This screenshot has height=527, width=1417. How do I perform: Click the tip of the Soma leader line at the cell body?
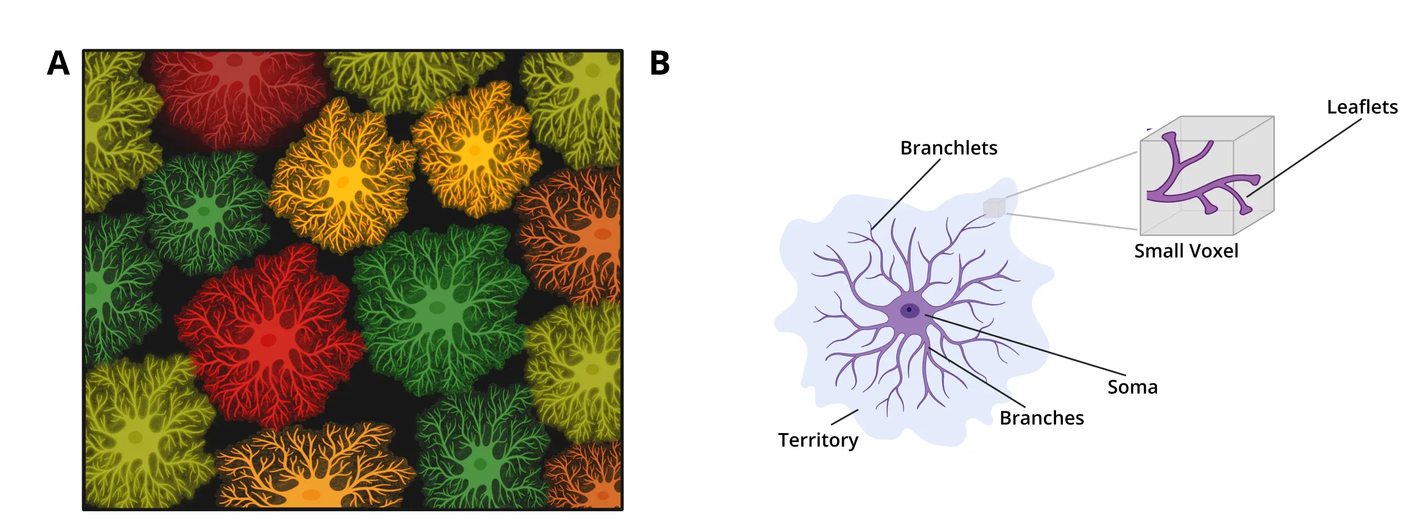tap(926, 315)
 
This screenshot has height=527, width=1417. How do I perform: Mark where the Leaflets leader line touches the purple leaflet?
tap(1247, 196)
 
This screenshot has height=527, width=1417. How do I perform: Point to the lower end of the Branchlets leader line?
tap(872, 229)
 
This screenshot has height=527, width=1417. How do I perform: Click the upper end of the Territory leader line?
tap(857, 410)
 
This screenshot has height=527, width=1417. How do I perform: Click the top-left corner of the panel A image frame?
tap(83, 50)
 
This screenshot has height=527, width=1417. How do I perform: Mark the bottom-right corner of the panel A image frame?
tap(623, 510)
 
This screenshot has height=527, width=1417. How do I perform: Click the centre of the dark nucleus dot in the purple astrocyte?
tap(909, 309)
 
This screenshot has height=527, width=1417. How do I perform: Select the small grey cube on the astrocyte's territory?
tap(994, 208)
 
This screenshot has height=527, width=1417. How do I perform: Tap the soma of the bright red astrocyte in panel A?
tap(268, 339)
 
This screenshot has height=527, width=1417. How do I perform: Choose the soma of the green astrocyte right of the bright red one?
tap(437, 307)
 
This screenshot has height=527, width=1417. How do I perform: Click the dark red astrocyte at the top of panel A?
tap(236, 94)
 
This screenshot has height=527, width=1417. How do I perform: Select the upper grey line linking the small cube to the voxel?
tap(1072, 174)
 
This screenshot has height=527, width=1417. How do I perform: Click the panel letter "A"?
tap(58, 63)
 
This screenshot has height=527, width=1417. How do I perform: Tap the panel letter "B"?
tap(659, 63)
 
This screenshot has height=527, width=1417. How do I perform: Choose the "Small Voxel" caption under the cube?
tap(1186, 251)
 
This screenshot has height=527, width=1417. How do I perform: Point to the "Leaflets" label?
tap(1362, 107)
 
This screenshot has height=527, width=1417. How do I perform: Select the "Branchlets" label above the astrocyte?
tap(948, 148)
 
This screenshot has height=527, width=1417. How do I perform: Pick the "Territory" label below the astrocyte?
tap(818, 441)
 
